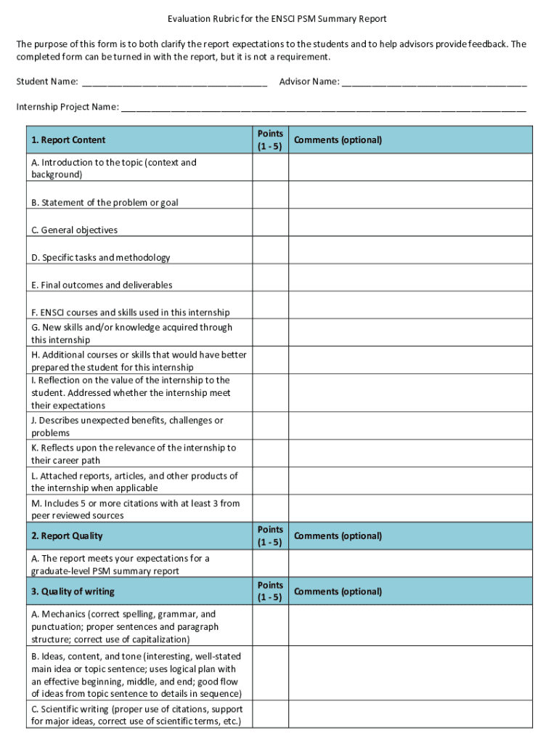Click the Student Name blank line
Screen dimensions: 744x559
pyautogui.click(x=174, y=82)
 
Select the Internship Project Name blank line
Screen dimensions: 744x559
pyautogui.click(x=323, y=108)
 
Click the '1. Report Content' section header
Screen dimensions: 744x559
pyautogui.click(x=68, y=140)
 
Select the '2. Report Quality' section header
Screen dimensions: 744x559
pyautogui.click(x=67, y=536)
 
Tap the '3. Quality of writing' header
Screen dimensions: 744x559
pyautogui.click(x=73, y=591)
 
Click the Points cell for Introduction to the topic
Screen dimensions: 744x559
pyautogui.click(x=270, y=168)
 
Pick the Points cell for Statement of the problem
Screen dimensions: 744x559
pyautogui.click(x=270, y=203)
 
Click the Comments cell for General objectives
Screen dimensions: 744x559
pyautogui.click(x=410, y=230)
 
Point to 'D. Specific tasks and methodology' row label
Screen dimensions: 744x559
pyautogui.click(x=101, y=258)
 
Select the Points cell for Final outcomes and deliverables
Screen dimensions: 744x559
pyautogui.click(x=270, y=286)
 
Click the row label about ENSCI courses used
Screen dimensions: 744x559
pyautogui.click(x=131, y=313)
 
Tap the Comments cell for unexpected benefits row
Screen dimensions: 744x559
pyautogui.click(x=410, y=426)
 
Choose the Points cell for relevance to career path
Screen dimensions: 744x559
pyautogui.click(x=270, y=454)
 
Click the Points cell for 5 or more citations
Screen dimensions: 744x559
pyautogui.click(x=270, y=509)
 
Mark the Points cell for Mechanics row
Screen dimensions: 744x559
pyautogui.click(x=270, y=626)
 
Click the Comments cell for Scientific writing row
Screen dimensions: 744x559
pyautogui.click(x=410, y=715)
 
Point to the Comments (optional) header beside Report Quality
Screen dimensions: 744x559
pyautogui.click(x=338, y=536)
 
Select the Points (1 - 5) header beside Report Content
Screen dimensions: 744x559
pyautogui.click(x=270, y=139)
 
